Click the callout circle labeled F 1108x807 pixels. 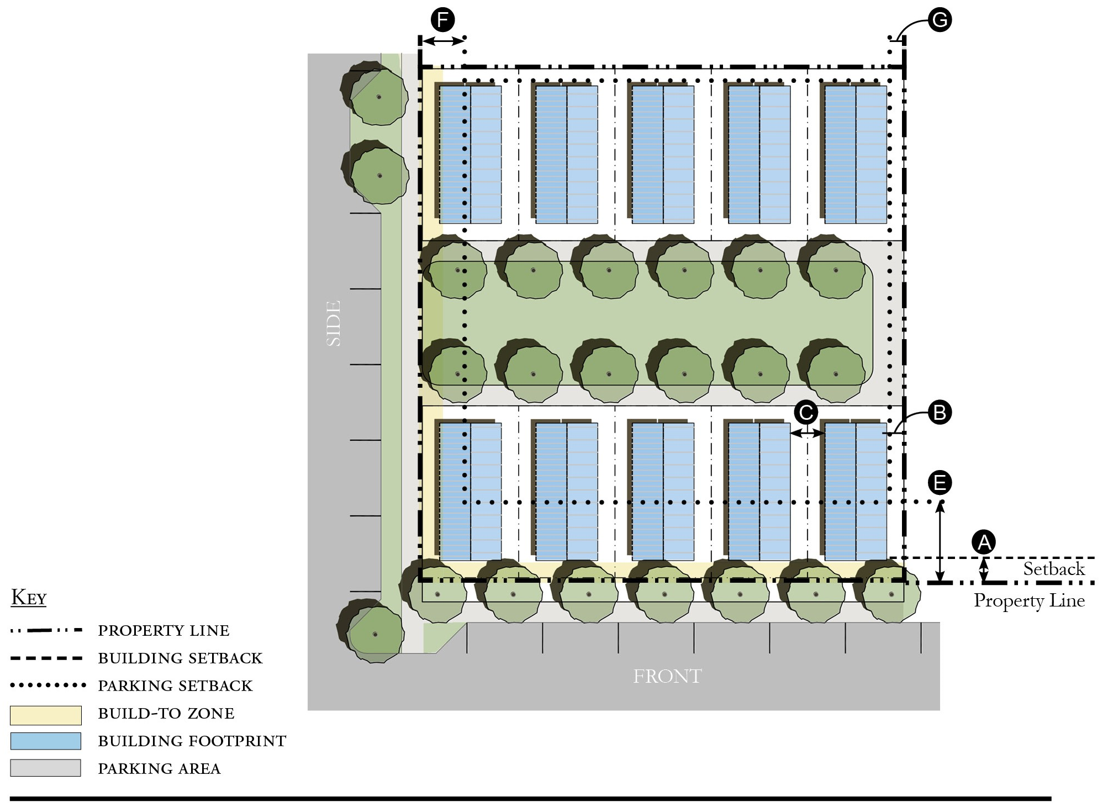[x=442, y=20]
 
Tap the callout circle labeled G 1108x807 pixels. [x=940, y=20]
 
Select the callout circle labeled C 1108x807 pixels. [x=806, y=413]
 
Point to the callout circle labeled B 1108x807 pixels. [x=940, y=413]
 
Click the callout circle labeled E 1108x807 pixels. [x=940, y=483]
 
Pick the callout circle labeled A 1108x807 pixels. [x=984, y=542]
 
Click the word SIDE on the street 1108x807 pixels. [x=334, y=323]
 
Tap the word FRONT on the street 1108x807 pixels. [x=667, y=676]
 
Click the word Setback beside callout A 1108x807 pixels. [x=1054, y=569]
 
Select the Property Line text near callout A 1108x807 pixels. [x=1029, y=601]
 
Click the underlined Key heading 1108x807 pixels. [x=29, y=597]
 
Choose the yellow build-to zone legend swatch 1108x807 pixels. [x=46, y=715]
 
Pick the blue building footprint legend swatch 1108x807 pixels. [x=46, y=741]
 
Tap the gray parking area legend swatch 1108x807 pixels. [x=46, y=768]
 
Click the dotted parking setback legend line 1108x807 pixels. [x=48, y=685]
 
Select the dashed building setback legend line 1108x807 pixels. [x=46, y=658]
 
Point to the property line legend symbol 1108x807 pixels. [x=46, y=630]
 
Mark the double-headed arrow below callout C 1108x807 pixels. [x=807, y=434]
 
